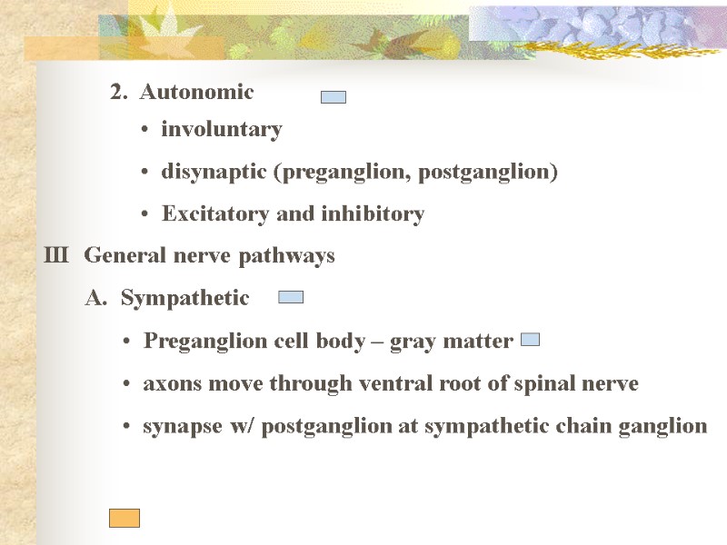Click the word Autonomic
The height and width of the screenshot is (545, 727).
(196, 93)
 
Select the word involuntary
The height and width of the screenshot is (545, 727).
(222, 130)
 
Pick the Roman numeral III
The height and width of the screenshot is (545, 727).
(56, 256)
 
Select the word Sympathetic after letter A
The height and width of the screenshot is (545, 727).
(184, 298)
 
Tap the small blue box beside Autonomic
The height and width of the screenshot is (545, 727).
(334, 97)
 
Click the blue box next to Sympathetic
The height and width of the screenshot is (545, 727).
(290, 297)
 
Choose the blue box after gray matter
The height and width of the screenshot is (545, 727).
(531, 339)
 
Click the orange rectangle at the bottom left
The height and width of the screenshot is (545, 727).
(124, 518)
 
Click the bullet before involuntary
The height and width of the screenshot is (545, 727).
(146, 131)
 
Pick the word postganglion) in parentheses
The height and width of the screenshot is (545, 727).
(501, 172)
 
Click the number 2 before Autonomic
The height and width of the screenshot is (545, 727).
(116, 93)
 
